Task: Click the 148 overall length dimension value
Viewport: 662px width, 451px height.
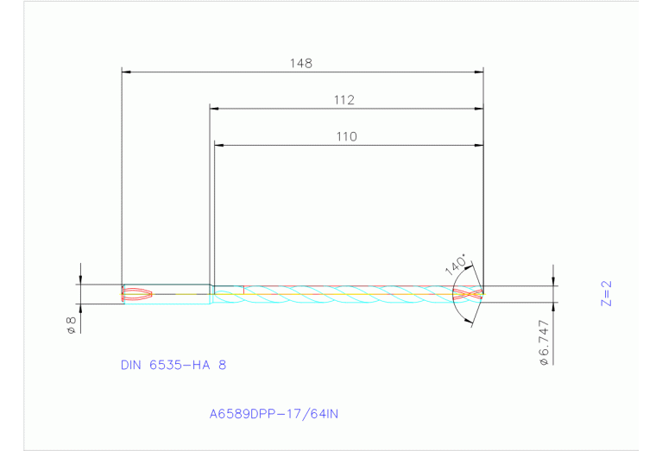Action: click(x=301, y=63)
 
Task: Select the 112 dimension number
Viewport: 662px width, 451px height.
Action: click(x=344, y=100)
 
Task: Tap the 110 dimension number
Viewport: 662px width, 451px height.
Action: click(x=346, y=136)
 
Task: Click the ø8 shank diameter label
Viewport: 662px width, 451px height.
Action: click(x=71, y=325)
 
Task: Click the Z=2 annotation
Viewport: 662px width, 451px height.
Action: click(x=606, y=293)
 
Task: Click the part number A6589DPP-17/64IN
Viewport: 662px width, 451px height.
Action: click(x=274, y=414)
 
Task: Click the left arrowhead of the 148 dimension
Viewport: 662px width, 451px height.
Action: click(x=126, y=71)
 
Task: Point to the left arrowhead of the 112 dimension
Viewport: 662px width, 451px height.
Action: click(x=215, y=108)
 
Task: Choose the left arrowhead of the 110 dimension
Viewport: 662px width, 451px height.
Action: click(x=218, y=145)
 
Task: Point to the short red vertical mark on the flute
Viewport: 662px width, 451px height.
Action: click(x=244, y=289)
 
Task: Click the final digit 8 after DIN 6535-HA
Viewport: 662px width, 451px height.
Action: click(x=222, y=365)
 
